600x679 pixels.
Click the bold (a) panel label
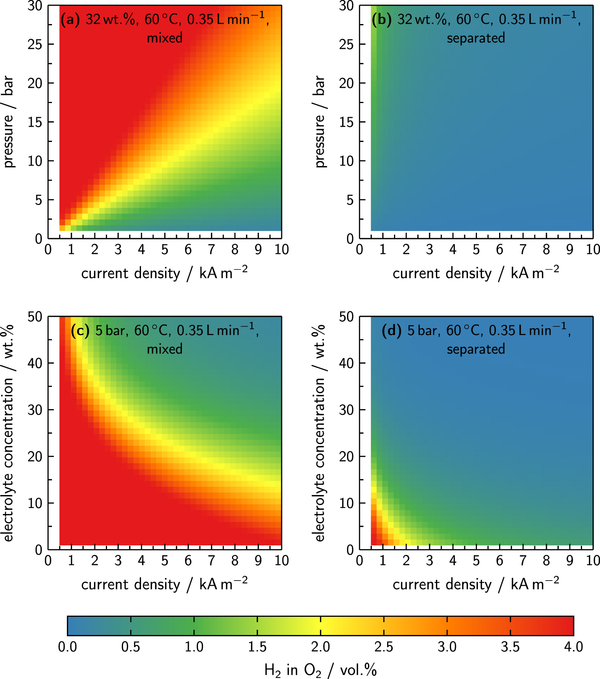(x=70, y=19)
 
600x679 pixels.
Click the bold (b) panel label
(x=381, y=19)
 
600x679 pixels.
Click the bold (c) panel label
(x=80, y=331)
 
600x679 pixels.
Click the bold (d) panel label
(x=391, y=331)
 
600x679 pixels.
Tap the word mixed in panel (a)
(x=165, y=38)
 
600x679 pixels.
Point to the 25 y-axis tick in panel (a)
(x=35, y=45)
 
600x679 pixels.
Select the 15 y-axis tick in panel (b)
(x=346, y=122)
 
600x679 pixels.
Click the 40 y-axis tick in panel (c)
(x=35, y=363)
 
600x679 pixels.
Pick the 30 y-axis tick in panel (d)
(x=346, y=410)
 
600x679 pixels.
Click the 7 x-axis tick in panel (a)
(x=211, y=250)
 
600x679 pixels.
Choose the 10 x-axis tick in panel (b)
(x=593, y=250)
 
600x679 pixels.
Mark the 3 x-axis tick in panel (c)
(x=118, y=561)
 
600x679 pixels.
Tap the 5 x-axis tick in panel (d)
(x=476, y=561)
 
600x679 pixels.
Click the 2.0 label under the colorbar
(x=320, y=647)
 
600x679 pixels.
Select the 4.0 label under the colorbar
(x=573, y=647)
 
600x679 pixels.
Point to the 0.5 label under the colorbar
(x=131, y=647)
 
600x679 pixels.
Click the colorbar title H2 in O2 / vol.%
(x=320, y=670)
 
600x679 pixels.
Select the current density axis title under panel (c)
(x=164, y=584)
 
